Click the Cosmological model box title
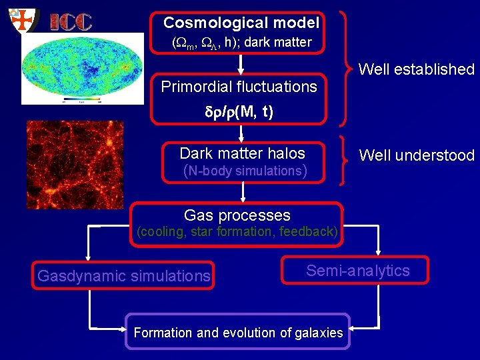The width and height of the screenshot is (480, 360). (x=241, y=23)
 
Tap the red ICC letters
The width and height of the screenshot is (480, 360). (x=71, y=21)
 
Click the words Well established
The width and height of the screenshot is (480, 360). (x=416, y=69)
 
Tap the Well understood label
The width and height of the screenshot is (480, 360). (x=416, y=156)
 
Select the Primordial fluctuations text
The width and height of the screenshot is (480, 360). (x=239, y=87)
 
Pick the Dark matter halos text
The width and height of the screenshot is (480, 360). (x=242, y=153)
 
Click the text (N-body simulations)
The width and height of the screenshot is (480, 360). (x=245, y=171)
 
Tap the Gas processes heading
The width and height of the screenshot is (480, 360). (x=237, y=215)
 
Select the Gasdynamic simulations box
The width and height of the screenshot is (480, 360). (x=124, y=275)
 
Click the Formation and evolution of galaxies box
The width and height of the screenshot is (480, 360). (x=238, y=332)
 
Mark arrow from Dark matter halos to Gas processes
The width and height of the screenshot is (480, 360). (x=243, y=191)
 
